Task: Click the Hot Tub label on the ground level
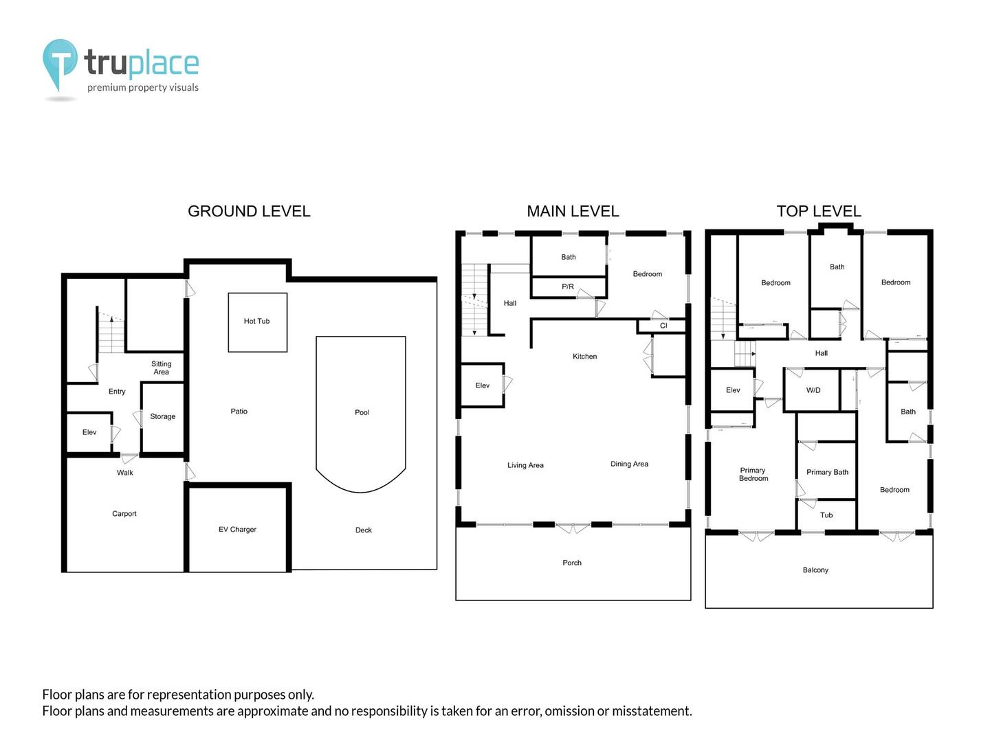tap(256, 321)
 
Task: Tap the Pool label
tap(362, 412)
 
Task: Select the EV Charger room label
tap(237, 529)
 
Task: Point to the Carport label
tap(124, 514)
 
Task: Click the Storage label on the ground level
tap(162, 416)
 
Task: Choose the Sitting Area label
tap(161, 368)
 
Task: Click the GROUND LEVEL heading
tap(249, 212)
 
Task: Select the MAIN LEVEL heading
tap(573, 212)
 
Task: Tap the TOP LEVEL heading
tap(819, 212)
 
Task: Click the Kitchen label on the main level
tap(584, 357)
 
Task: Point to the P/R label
tap(568, 286)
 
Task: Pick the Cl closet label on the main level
tap(663, 325)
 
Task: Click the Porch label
tap(572, 563)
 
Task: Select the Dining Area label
tap(629, 464)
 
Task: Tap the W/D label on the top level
tap(813, 390)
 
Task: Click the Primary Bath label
tap(827, 472)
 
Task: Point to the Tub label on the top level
tap(826, 515)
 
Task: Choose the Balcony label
tap(815, 570)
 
